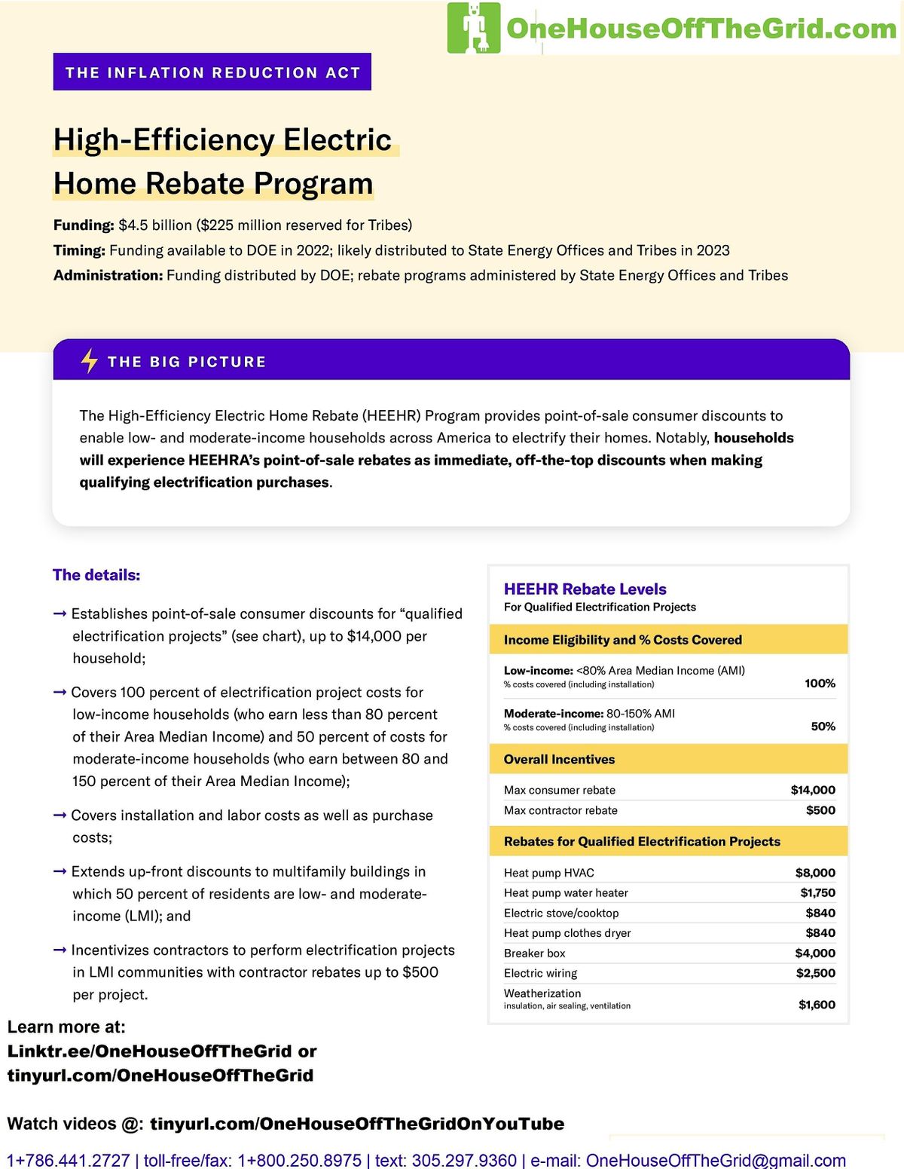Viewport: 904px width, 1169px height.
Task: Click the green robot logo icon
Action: [x=474, y=28]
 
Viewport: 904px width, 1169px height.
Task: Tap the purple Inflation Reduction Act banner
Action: [x=212, y=72]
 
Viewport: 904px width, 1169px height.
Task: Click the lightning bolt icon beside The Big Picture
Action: [x=89, y=361]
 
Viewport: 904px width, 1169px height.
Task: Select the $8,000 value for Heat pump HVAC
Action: [x=815, y=873]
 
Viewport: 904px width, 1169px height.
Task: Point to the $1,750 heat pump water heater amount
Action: [x=817, y=893]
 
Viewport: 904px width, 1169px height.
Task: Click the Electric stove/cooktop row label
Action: [x=561, y=913]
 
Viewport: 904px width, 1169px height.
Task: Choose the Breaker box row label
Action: [x=534, y=953]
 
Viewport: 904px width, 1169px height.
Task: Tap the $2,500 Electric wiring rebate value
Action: [x=815, y=973]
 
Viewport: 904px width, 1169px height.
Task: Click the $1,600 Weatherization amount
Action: [x=817, y=1005]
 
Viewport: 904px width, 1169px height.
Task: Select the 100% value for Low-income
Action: [x=820, y=684]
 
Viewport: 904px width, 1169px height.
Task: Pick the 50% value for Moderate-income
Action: [x=823, y=727]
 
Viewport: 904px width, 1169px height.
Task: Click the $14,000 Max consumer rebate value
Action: [x=813, y=790]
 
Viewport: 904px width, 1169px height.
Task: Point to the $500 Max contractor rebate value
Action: [x=820, y=810]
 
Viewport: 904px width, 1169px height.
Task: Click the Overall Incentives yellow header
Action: [x=559, y=760]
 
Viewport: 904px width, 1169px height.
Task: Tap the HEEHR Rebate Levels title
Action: [x=585, y=589]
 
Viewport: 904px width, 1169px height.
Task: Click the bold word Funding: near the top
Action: [x=84, y=225]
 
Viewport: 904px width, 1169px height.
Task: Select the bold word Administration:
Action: [x=108, y=276]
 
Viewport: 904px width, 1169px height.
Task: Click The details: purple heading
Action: [x=96, y=575]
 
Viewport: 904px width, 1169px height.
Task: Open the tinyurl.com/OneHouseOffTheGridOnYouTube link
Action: [x=357, y=1124]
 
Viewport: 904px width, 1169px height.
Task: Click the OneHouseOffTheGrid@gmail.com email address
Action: [x=716, y=1160]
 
